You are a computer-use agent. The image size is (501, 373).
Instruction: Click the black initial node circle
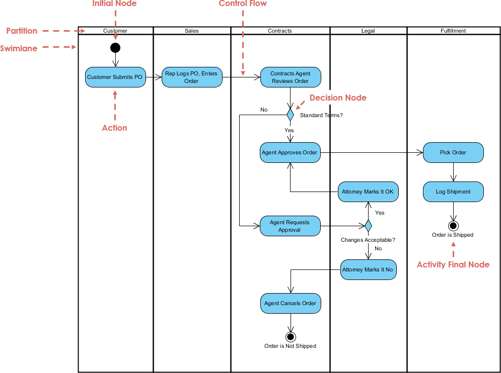point(115,48)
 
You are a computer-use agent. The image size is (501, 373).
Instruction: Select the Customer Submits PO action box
point(115,77)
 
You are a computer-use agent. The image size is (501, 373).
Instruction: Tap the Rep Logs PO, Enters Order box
point(191,77)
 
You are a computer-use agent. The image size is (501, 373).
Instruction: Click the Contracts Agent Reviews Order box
point(291,77)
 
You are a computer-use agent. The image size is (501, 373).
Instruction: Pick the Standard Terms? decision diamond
point(290,115)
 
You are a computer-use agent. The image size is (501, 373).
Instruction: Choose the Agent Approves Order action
point(290,152)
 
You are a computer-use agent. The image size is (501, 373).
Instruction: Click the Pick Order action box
point(453,152)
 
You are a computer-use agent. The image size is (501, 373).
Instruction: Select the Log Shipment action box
point(453,192)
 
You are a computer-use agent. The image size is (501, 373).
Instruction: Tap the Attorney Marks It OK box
point(368,192)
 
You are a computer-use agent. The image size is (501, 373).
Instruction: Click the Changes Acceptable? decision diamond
point(368,226)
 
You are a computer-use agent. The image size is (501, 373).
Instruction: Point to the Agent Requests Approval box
point(290,226)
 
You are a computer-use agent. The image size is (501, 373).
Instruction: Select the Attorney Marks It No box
point(368,269)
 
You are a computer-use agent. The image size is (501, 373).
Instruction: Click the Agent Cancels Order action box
point(290,303)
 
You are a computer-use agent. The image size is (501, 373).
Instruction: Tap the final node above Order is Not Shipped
point(290,336)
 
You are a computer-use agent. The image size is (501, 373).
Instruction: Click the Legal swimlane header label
point(368,31)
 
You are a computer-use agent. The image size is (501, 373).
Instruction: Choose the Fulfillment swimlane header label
point(453,31)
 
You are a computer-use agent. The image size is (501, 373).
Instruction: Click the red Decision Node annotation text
point(338,98)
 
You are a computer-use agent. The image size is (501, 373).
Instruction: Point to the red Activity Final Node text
point(453,264)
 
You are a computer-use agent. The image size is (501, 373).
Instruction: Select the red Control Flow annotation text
point(243,4)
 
